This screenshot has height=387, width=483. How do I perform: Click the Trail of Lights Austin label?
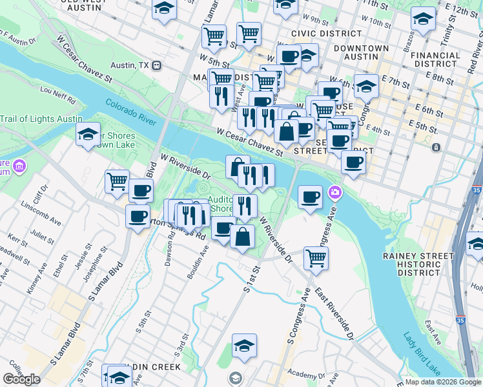click(41, 119)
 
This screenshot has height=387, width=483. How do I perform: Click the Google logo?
click(21, 379)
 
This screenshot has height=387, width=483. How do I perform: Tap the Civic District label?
click(326, 33)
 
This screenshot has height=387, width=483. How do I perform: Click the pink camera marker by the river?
click(334, 192)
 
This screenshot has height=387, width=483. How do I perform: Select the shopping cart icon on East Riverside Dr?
click(316, 257)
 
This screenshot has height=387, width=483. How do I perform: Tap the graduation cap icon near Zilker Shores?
click(88, 135)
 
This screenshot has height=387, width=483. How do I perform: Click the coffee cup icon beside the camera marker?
click(311, 197)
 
